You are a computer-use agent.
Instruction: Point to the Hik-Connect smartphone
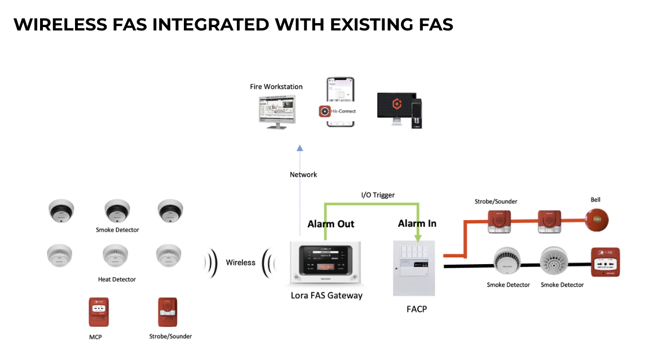pyautogui.click(x=341, y=103)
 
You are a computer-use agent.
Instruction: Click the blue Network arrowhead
pyautogui.click(x=299, y=148)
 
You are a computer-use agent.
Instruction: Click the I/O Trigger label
pyautogui.click(x=378, y=195)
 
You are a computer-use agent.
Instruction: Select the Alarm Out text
pyautogui.click(x=330, y=224)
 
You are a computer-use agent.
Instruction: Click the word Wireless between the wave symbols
pyautogui.click(x=241, y=262)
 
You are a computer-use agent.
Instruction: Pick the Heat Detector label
pyautogui.click(x=117, y=279)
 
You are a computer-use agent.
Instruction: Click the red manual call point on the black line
pyautogui.click(x=604, y=262)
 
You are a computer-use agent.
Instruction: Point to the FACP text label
pyautogui.click(x=417, y=309)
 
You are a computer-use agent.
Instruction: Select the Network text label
pyautogui.click(x=303, y=175)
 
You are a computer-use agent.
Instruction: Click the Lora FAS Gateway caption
pyautogui.click(x=326, y=295)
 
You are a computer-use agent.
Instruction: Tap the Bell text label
pyautogui.click(x=595, y=200)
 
